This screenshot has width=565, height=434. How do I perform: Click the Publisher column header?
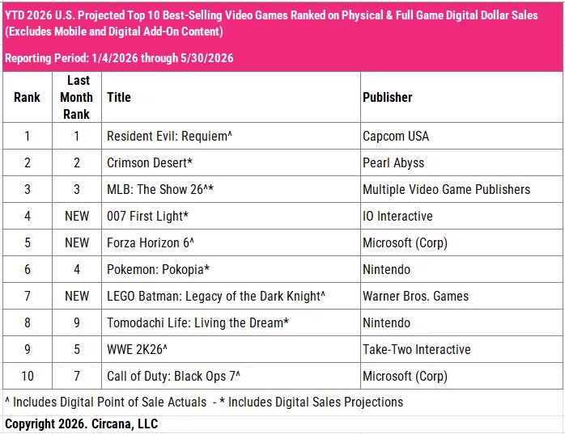tap(388, 97)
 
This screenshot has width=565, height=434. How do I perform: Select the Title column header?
tap(118, 97)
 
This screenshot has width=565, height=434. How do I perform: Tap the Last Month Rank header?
tap(76, 97)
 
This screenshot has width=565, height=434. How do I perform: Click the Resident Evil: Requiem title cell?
tap(169, 136)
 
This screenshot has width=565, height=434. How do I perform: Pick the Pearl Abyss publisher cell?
tap(393, 162)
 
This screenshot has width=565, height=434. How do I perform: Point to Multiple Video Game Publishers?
tap(447, 189)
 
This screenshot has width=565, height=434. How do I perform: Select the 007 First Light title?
tap(148, 216)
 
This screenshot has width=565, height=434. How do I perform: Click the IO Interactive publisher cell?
tap(397, 216)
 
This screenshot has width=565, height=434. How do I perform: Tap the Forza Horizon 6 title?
tap(151, 242)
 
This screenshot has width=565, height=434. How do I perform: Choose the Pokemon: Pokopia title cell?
tap(158, 269)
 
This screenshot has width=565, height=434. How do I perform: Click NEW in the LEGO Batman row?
tap(77, 296)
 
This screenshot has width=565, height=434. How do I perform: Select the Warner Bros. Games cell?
tap(416, 296)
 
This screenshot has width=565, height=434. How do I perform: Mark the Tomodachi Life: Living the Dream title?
tap(198, 322)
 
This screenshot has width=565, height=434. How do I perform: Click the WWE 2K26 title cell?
tap(138, 349)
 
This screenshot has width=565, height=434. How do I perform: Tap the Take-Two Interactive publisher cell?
tap(417, 349)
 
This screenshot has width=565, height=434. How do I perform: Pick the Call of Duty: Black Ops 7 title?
tap(173, 376)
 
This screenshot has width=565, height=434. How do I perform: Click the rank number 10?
tap(28, 376)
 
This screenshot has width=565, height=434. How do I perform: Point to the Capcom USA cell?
tap(396, 136)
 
